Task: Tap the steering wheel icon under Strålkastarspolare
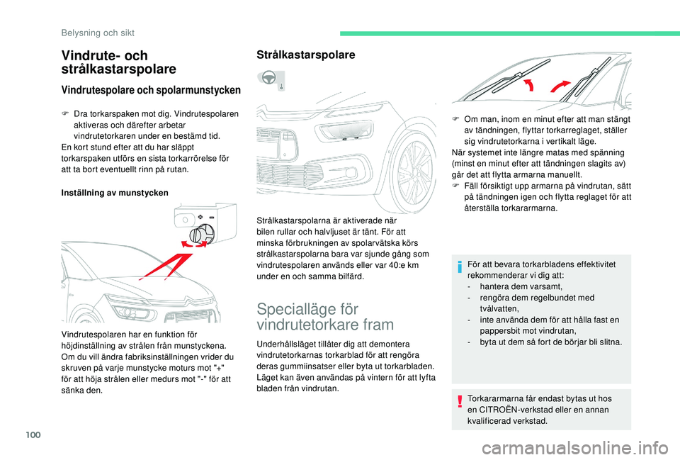pyautogui.click(x=269, y=81)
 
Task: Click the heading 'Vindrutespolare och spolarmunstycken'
pyautogui.click(x=152, y=90)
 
